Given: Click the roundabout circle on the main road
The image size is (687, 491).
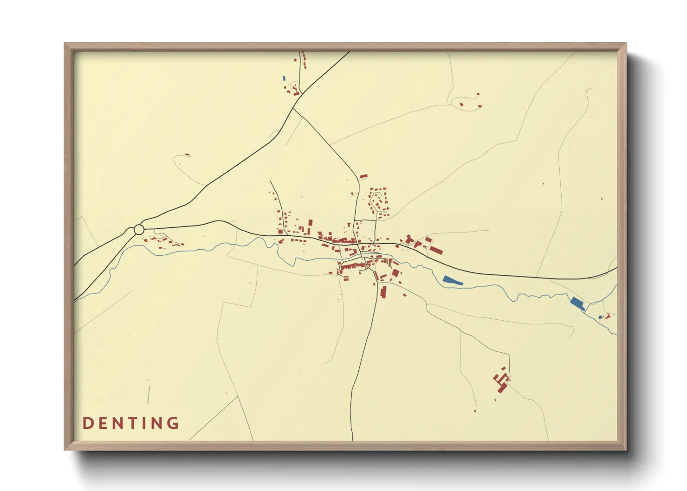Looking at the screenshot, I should tap(139, 229).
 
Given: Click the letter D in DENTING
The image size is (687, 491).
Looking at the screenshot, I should tap(87, 423).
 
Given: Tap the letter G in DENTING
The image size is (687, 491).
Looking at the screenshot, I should tap(173, 423).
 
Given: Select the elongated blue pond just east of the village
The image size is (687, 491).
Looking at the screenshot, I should tap(453, 280).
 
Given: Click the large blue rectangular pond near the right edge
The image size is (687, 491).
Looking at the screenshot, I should tap(577, 304).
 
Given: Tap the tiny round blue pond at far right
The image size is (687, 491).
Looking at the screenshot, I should tap(600, 317).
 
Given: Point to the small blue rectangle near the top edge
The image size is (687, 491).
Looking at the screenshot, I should tap(284, 78).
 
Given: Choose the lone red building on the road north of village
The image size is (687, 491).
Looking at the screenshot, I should tap(363, 176).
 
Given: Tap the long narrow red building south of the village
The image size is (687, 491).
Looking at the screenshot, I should tap(384, 292).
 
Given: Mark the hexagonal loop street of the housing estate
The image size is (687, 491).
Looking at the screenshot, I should tap(379, 202).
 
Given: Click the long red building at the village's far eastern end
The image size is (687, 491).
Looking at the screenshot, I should tap(435, 250).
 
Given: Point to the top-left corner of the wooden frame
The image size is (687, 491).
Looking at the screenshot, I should tap(65, 44).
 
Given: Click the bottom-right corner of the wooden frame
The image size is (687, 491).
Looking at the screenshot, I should tap(626, 449).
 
